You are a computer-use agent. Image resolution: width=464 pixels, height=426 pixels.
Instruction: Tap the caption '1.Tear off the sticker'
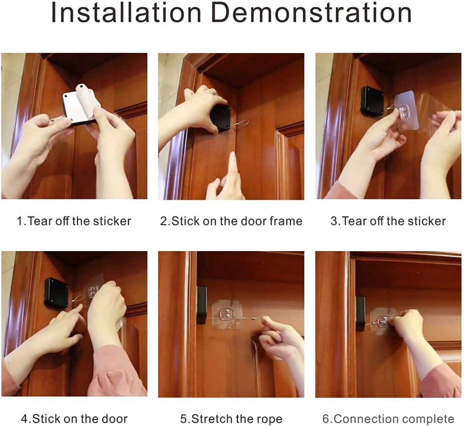click(74, 221)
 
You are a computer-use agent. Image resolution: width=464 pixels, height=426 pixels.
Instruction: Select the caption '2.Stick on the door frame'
click(231, 221)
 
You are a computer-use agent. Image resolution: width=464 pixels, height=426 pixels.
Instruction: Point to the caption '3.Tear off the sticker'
click(388, 221)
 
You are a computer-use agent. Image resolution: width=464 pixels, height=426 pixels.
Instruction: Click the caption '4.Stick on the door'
click(74, 419)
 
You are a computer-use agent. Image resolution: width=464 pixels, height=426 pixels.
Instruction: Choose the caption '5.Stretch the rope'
click(231, 419)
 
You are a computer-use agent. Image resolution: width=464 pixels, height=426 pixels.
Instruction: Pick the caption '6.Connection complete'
click(388, 419)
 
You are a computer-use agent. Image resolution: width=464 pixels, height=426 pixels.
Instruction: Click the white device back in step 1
click(80, 104)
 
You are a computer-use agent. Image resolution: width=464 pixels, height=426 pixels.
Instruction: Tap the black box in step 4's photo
click(56, 293)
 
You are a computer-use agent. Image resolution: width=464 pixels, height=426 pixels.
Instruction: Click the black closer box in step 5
click(201, 305)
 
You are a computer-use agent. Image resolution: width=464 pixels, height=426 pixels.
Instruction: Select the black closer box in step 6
click(360, 313)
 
